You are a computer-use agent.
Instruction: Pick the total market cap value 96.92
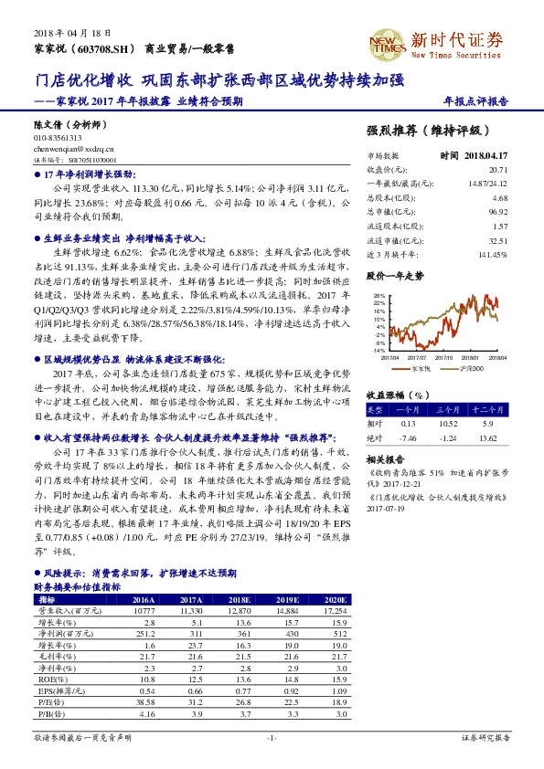click(x=497, y=209)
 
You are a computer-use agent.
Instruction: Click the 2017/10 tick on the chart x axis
click(x=445, y=357)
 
